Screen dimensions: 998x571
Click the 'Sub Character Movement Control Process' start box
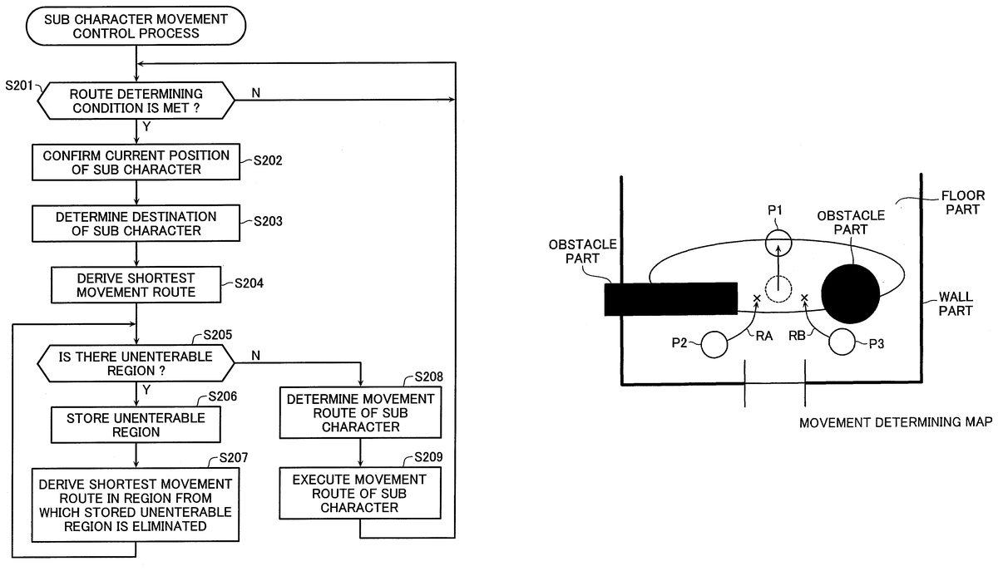pyautogui.click(x=136, y=26)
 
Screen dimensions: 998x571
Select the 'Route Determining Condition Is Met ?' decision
pyautogui.click(x=136, y=101)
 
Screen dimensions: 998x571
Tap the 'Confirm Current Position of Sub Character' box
pyautogui.click(x=136, y=162)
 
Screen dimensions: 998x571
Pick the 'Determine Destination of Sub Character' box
pyautogui.click(x=136, y=224)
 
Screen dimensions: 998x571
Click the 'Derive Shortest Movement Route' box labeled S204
pyautogui.click(x=136, y=285)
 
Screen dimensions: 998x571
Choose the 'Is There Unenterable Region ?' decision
pyautogui.click(x=136, y=363)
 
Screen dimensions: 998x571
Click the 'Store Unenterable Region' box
pyautogui.click(x=136, y=425)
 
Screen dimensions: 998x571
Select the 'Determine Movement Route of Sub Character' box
pyautogui.click(x=360, y=413)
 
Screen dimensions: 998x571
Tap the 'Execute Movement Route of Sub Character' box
pyautogui.click(x=360, y=493)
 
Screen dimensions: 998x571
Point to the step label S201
pyautogui.click(x=18, y=85)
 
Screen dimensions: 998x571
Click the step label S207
pyautogui.click(x=234, y=458)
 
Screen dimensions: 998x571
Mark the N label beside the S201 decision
pyautogui.click(x=256, y=92)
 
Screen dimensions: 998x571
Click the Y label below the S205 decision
pyautogui.click(x=146, y=390)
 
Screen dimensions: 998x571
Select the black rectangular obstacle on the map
pyautogui.click(x=670, y=299)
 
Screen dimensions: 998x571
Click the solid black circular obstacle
pyautogui.click(x=851, y=294)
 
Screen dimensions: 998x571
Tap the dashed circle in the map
pyautogui.click(x=778, y=289)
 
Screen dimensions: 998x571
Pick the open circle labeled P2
pyautogui.click(x=714, y=344)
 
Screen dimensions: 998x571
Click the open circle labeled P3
pyautogui.click(x=842, y=342)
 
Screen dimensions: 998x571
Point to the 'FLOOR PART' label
pyautogui.click(x=963, y=203)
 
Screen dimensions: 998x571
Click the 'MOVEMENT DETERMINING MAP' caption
pyautogui.click(x=896, y=422)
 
